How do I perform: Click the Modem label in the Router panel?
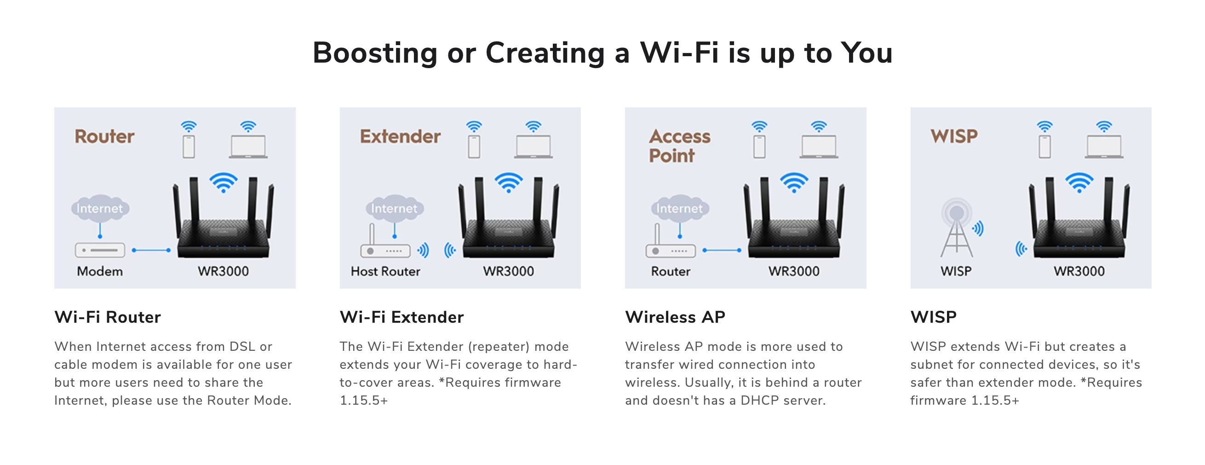pos(100,271)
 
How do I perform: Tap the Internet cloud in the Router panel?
pos(100,208)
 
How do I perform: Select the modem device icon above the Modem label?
pos(100,250)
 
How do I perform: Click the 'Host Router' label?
pos(385,271)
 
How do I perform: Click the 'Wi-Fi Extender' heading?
pos(402,317)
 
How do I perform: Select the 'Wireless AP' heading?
pos(675,317)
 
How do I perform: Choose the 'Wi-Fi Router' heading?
pos(108,317)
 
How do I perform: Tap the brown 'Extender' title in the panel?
pos(400,136)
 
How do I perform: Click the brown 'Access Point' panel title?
pos(679,145)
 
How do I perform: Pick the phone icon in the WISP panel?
pos(1044,146)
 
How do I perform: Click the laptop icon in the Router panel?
pos(248,147)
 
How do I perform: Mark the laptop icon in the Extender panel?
pos(533,147)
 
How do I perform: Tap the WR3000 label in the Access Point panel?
pos(794,271)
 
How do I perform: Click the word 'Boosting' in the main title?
pos(375,53)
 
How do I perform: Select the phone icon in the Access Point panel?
pos(759,146)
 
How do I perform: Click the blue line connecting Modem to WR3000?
pos(152,250)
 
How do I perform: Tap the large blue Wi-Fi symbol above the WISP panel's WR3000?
pos(1079,183)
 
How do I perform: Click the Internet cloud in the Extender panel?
pos(394,208)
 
